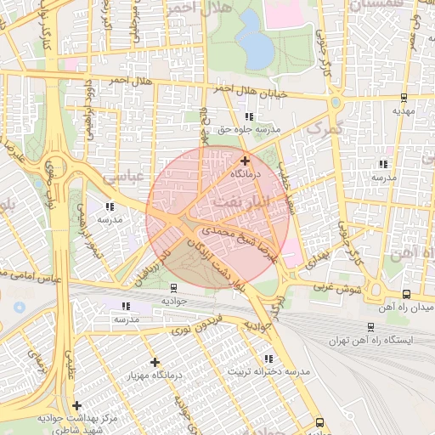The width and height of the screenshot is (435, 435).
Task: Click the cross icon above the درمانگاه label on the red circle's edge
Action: click(245, 161)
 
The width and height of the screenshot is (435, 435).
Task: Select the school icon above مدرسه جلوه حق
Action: click(248, 117)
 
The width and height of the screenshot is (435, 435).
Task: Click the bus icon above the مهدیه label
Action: click(403, 97)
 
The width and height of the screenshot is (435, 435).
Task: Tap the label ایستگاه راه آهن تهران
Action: click(375, 340)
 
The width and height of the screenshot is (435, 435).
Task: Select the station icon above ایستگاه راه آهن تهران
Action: click(370, 327)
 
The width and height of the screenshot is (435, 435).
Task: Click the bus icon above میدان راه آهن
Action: click(406, 293)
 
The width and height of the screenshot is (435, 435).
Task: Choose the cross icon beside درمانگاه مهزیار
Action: click(155, 362)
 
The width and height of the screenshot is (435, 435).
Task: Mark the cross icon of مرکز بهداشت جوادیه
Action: click(77, 405)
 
